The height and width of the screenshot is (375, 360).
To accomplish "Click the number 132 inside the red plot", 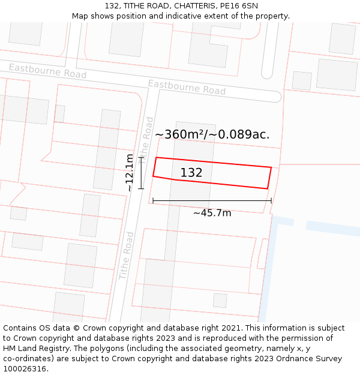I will (x=191, y=173).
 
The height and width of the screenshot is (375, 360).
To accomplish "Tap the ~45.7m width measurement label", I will (x=212, y=212).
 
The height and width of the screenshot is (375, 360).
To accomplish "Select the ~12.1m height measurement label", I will (x=130, y=173).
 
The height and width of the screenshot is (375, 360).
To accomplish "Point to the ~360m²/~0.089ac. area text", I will (x=212, y=134).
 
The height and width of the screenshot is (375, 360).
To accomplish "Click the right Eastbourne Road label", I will (x=187, y=87).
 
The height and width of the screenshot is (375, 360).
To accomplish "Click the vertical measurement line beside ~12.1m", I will (x=142, y=173).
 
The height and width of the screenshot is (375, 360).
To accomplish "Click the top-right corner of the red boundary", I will (x=271, y=167).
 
